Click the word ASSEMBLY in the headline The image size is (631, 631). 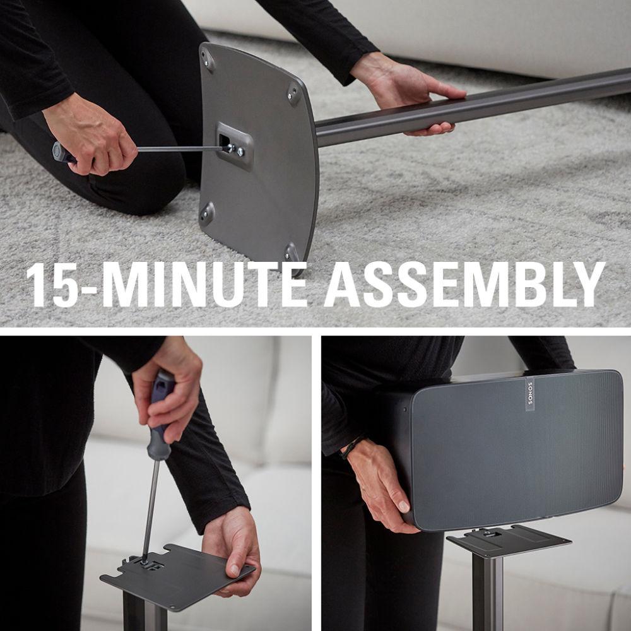coord(464,285)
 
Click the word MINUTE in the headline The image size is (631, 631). coord(204,285)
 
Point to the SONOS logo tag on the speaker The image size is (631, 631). coord(529,395)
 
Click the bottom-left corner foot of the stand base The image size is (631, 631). coord(207,215)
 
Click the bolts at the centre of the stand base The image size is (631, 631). coord(235,150)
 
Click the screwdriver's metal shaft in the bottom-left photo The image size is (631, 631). coord(150,510)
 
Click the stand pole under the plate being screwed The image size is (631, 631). coord(145,616)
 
